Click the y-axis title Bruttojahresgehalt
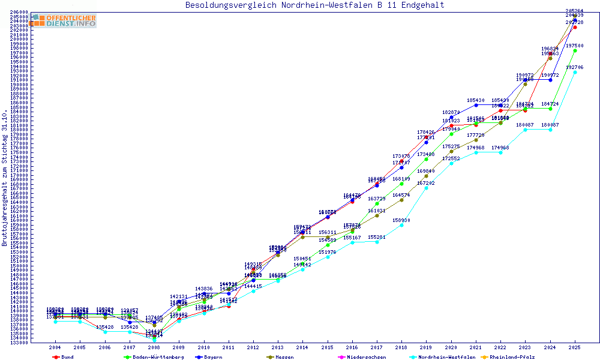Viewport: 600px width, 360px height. click(x=5, y=178)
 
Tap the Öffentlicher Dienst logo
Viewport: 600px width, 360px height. click(x=64, y=21)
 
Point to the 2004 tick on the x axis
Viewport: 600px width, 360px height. click(x=55, y=347)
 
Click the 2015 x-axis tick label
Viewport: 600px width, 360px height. click(x=328, y=347)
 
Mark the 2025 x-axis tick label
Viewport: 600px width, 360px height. click(x=575, y=347)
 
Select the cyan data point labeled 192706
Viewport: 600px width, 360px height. click(x=575, y=72)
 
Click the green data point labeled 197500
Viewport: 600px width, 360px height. click(x=575, y=50)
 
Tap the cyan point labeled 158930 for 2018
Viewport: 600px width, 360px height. click(x=401, y=225)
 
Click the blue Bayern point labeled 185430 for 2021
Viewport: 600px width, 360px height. click(x=476, y=105)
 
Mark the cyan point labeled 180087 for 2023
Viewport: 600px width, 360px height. click(x=525, y=130)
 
